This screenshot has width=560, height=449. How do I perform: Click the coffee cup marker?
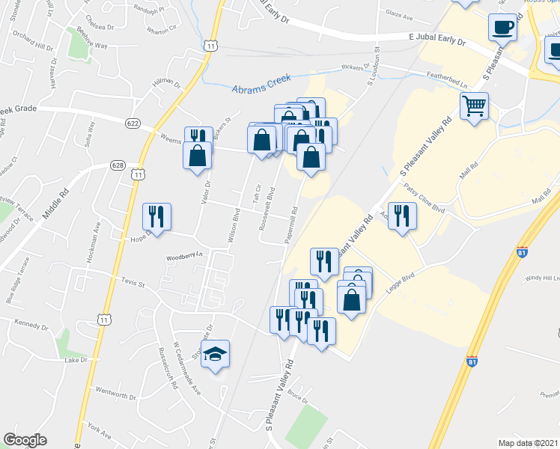502,28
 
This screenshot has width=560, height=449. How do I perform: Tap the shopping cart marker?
474,106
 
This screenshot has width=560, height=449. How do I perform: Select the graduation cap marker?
215,353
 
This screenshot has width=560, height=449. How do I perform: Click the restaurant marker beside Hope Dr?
157,216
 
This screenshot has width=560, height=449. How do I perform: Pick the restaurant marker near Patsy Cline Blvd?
401,216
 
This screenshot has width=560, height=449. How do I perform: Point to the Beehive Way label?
91,46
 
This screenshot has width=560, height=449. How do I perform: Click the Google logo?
25,440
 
